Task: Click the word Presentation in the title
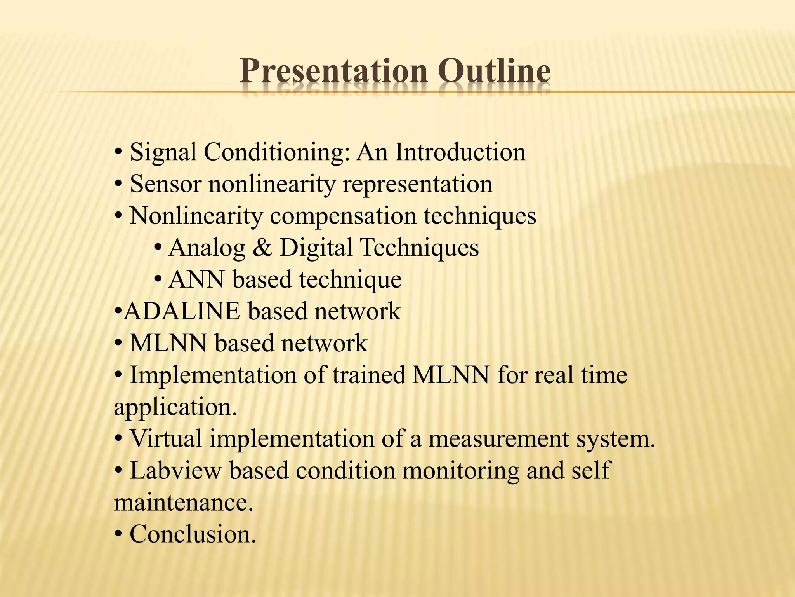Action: [x=333, y=72]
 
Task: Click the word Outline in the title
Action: [x=495, y=72]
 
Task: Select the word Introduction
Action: [x=460, y=152]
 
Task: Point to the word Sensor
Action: [x=165, y=184]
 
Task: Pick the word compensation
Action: [x=343, y=216]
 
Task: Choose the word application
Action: [x=175, y=408]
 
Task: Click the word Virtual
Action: [x=166, y=439]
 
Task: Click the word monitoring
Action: [x=460, y=471]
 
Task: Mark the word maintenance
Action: [x=183, y=503]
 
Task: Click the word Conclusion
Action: [x=193, y=534]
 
